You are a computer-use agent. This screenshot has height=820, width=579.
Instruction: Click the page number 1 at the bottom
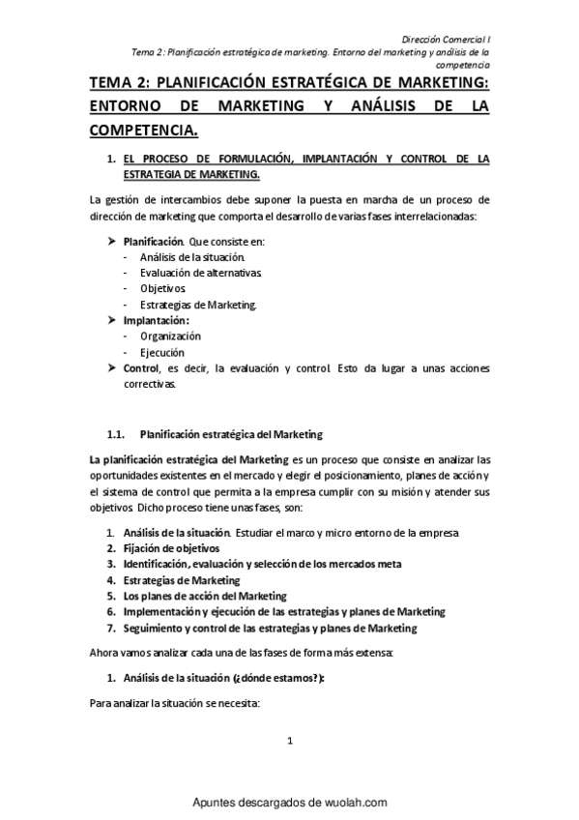tap(290, 742)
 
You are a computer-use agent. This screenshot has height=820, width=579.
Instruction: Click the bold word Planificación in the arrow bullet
tap(153, 240)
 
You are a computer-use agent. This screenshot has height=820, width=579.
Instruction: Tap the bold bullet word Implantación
tap(156, 319)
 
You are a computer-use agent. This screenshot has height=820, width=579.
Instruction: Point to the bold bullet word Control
tap(141, 368)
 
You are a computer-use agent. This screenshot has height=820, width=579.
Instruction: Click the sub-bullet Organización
tap(170, 336)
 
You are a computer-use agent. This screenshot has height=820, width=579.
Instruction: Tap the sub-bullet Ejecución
tap(161, 352)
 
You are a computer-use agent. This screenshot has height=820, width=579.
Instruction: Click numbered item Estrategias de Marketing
tap(181, 580)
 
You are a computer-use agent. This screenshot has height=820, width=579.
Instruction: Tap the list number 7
tap(111, 628)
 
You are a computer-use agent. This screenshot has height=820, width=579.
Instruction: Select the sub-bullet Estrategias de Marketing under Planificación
tap(198, 305)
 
